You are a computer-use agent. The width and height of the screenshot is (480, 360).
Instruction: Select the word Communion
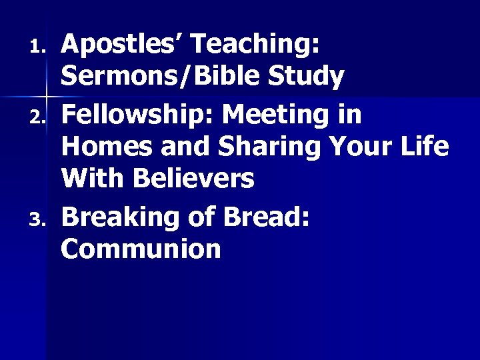(x=140, y=249)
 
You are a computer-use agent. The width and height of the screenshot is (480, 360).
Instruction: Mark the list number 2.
(x=39, y=118)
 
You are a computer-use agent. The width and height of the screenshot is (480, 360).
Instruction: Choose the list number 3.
(x=39, y=220)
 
